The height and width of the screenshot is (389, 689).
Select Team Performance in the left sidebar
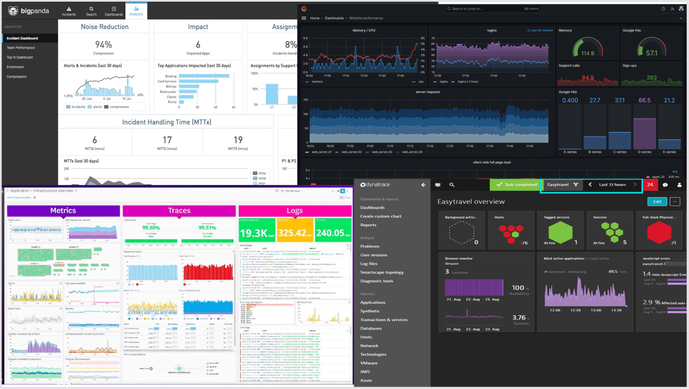coord(21,48)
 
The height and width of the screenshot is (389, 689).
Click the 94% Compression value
coord(103,45)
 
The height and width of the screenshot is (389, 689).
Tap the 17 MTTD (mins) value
coord(167,140)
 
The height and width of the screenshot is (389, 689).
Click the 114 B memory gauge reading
coord(588,53)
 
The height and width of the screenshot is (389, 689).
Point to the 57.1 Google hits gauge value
coord(651,53)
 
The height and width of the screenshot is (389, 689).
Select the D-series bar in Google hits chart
coord(644,134)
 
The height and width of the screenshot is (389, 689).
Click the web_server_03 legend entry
coord(382,152)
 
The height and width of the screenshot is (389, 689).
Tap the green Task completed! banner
coord(517,185)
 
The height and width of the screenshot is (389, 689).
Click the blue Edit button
coord(657,202)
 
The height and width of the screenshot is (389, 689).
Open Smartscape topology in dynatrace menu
coord(382,272)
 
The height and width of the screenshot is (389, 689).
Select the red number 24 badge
coord(650,185)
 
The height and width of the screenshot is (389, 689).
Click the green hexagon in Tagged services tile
coord(560,232)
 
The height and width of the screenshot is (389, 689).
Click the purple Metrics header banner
coord(63,211)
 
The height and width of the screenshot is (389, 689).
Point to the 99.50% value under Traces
coord(151,228)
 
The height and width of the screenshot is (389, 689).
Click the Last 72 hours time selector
coord(612,185)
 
